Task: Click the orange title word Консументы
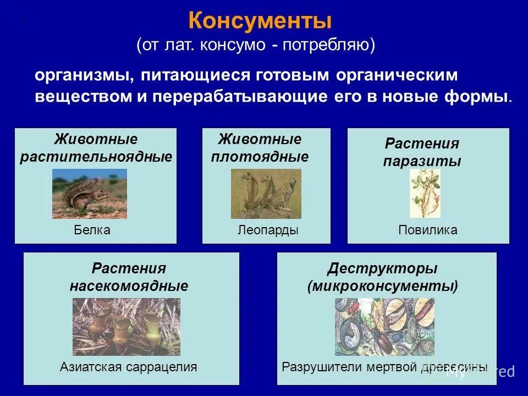pyautogui.click(x=260, y=22)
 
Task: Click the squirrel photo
pyautogui.click(x=89, y=194)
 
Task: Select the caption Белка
pyautogui.click(x=92, y=230)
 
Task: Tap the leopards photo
pyautogui.click(x=266, y=194)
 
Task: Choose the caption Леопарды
pyautogui.click(x=268, y=230)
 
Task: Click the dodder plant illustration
pyautogui.click(x=425, y=194)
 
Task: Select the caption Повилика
pyautogui.click(x=427, y=230)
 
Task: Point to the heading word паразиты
pyautogui.click(x=422, y=162)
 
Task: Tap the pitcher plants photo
pyautogui.click(x=127, y=327)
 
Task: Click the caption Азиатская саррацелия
pyautogui.click(x=128, y=367)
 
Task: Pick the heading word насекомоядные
pyautogui.click(x=129, y=287)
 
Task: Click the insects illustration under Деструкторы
pyautogui.click(x=384, y=327)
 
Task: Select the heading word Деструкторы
pyautogui.click(x=382, y=269)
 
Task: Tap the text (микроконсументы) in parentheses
pyautogui.click(x=383, y=287)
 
